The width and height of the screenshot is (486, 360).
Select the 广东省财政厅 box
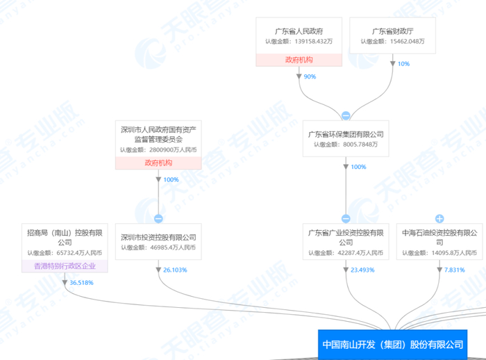point(392,35)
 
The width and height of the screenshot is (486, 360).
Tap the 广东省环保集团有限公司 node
point(346,138)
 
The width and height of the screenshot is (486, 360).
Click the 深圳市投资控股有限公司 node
point(158,241)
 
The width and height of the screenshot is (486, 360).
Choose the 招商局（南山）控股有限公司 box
point(65,241)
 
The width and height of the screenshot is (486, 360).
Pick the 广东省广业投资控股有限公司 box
point(346,241)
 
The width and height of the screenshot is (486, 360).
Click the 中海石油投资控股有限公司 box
point(439,241)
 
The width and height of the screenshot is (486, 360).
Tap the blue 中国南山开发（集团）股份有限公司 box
point(392,344)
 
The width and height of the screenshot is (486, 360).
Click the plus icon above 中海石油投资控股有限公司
point(439,218)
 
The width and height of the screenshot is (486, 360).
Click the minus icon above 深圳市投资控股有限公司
point(158,218)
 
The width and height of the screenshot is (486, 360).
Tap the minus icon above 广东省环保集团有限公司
point(346,115)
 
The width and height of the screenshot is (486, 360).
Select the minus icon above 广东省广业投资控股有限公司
point(346,218)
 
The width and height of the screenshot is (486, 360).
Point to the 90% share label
point(310,76)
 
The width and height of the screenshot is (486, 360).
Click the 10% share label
point(403,64)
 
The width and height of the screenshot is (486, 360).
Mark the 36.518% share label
point(81,283)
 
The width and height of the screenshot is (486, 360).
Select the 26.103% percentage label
point(174,270)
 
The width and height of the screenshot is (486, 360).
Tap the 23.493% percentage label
point(362,270)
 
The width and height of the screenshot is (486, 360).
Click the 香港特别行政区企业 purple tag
point(65,266)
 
